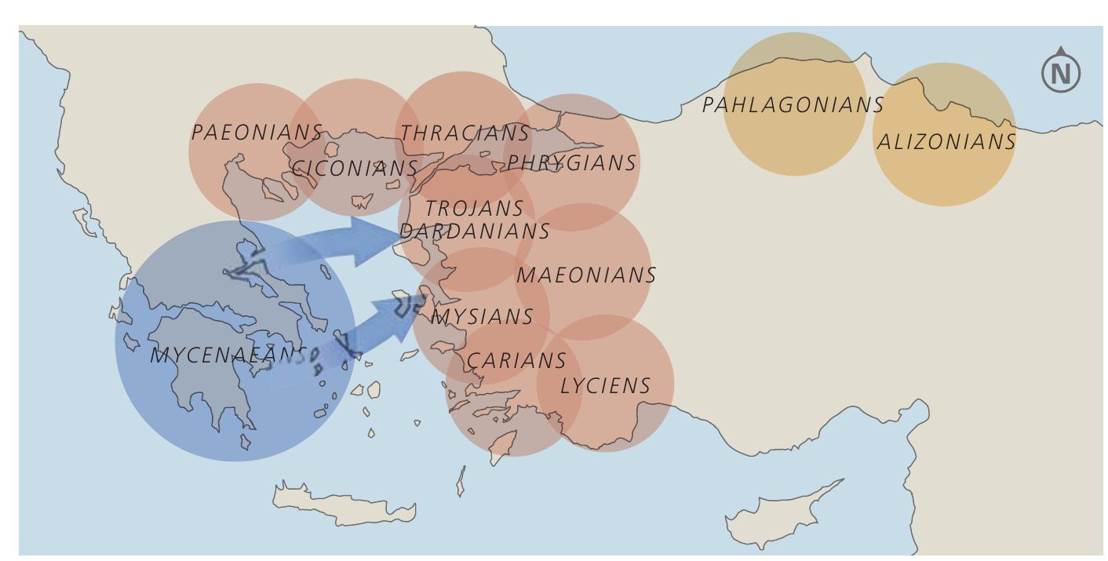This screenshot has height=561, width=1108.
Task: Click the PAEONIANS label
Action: pyautogui.click(x=257, y=132)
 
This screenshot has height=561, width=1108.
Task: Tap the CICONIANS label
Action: pyautogui.click(x=355, y=168)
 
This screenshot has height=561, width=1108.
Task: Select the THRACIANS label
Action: pyautogui.click(x=465, y=133)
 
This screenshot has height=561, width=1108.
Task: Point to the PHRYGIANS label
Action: pyautogui.click(x=571, y=162)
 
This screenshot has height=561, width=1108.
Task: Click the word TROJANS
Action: pyautogui.click(x=474, y=209)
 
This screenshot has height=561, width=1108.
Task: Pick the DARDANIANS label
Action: pyautogui.click(x=475, y=231)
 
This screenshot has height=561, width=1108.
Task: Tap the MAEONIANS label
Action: pyautogui.click(x=586, y=275)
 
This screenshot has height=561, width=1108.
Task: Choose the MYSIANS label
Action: pyautogui.click(x=483, y=317)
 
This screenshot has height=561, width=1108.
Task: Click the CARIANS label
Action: pyautogui.click(x=516, y=360)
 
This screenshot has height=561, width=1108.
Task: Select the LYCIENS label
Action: pyautogui.click(x=605, y=385)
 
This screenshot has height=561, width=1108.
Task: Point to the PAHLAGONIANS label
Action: pyautogui.click(x=793, y=104)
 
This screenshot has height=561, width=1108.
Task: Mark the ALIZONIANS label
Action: pyautogui.click(x=946, y=142)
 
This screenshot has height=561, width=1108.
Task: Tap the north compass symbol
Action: pyautogui.click(x=1061, y=71)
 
